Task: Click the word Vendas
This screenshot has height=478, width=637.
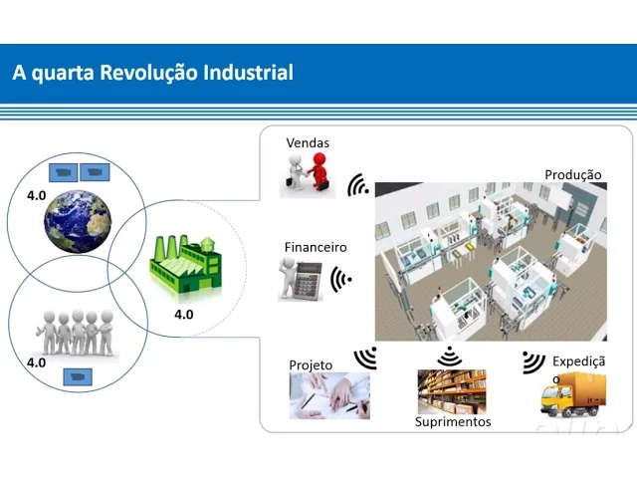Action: click(308, 143)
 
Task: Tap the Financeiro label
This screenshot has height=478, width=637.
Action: click(316, 247)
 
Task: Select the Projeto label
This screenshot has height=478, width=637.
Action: click(311, 365)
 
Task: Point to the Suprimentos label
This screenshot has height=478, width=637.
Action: click(453, 422)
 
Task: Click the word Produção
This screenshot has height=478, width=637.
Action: click(573, 175)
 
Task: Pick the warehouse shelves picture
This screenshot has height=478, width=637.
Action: click(452, 391)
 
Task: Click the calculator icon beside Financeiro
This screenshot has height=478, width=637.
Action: click(302, 279)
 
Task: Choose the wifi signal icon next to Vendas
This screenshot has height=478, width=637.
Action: click(357, 186)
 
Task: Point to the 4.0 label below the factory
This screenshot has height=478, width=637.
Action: click(184, 315)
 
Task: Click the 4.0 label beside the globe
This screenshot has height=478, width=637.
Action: click(37, 195)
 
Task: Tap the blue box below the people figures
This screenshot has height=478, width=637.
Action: click(77, 376)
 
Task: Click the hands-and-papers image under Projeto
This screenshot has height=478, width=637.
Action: click(328, 395)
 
